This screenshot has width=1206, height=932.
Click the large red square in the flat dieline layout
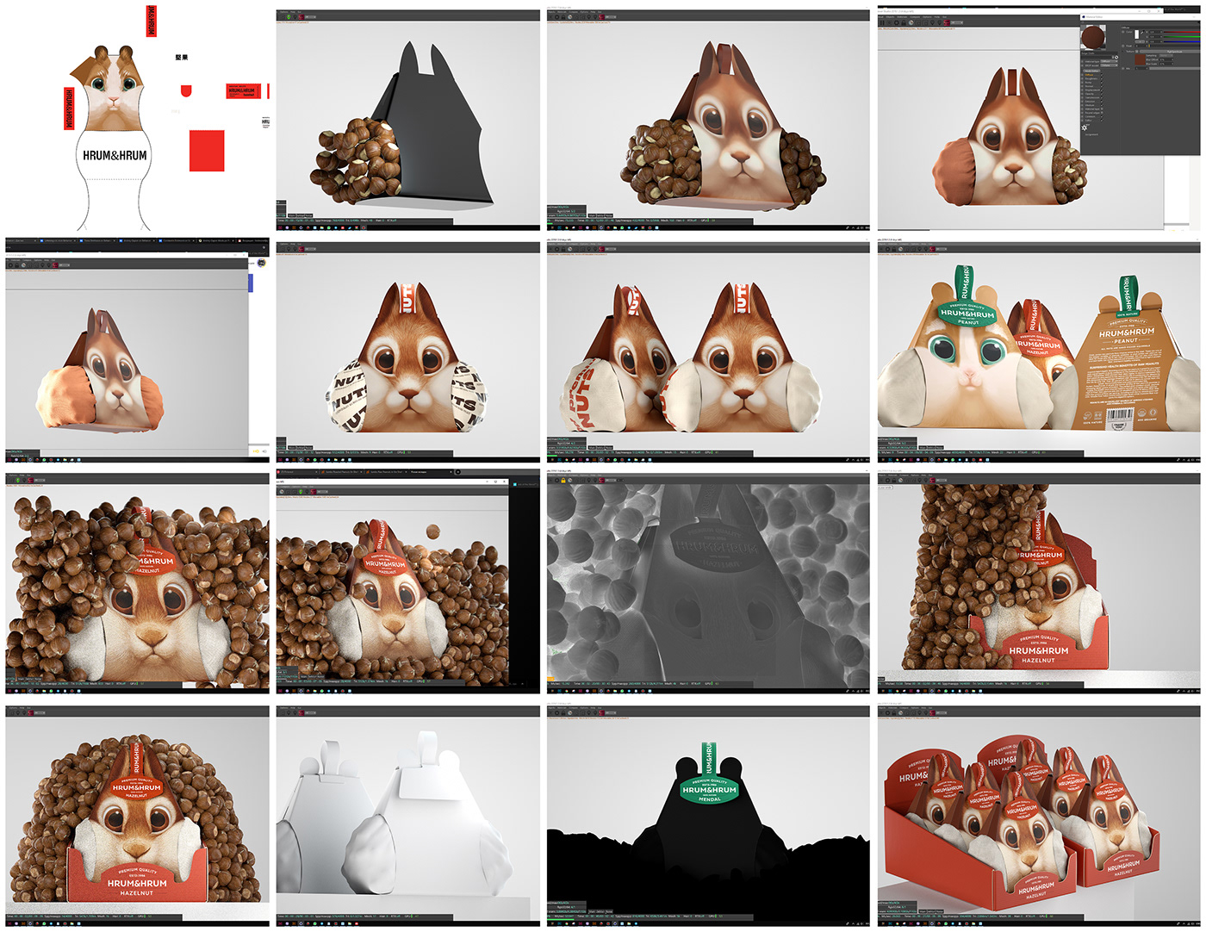click(x=207, y=151)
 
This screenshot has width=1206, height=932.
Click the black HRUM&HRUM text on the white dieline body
click(x=115, y=156)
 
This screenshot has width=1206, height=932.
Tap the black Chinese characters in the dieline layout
click(x=181, y=58)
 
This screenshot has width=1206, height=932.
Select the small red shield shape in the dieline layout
click(x=186, y=90)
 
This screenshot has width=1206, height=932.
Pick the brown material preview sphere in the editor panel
click(x=1094, y=38)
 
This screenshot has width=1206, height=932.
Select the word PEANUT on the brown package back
click(x=1126, y=341)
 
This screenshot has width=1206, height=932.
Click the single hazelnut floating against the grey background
click(x=432, y=531)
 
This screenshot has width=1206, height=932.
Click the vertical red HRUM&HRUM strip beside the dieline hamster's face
click(x=69, y=109)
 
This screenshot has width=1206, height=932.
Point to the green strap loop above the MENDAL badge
click(x=708, y=758)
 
